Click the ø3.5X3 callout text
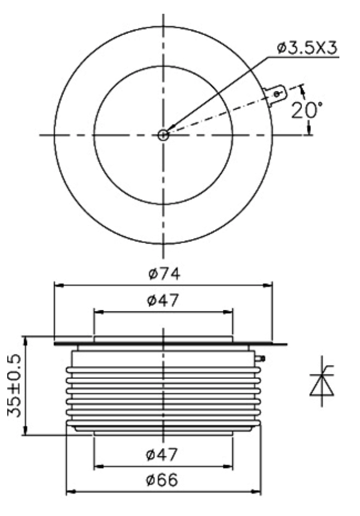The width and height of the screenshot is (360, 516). pyautogui.click(x=307, y=48)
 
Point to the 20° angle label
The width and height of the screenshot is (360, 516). pyautogui.click(x=307, y=110)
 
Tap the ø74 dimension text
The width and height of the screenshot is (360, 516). pyautogui.click(x=164, y=274)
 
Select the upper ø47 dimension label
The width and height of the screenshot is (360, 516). pyautogui.click(x=163, y=300)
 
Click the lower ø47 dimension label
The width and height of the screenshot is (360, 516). pyautogui.click(x=162, y=455)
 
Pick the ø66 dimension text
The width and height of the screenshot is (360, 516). pyautogui.click(x=162, y=479)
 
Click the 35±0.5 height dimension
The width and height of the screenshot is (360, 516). pyautogui.click(x=14, y=386)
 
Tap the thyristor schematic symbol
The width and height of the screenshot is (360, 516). pyautogui.click(x=322, y=381)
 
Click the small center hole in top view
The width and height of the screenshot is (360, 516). pyautogui.click(x=163, y=135)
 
